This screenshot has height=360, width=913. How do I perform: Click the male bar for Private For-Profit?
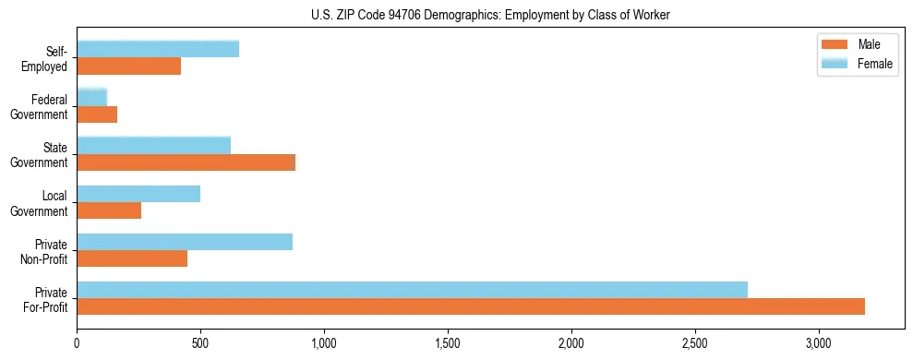[x=471, y=306]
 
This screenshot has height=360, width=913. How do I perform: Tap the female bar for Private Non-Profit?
[x=185, y=242]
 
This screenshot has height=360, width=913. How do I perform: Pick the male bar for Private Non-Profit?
[x=132, y=258]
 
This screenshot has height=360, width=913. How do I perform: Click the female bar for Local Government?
[x=138, y=194]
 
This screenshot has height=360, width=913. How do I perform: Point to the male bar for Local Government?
[x=109, y=210]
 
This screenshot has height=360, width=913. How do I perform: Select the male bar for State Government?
[x=186, y=162]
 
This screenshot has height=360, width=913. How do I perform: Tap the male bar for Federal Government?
[x=97, y=114]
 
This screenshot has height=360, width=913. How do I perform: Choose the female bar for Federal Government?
[x=91, y=97]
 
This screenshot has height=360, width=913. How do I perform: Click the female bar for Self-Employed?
[x=158, y=49]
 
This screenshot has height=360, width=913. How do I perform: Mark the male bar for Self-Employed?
[x=128, y=66]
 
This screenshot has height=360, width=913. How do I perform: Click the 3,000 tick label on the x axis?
[x=819, y=343]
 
